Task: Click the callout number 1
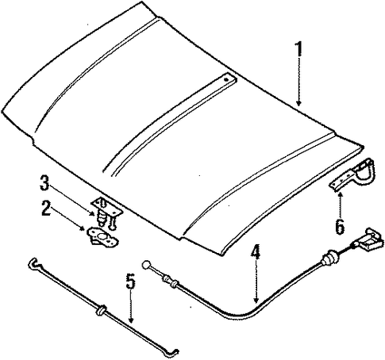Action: click(x=298, y=50)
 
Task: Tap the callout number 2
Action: click(x=46, y=208)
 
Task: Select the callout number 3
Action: click(x=44, y=183)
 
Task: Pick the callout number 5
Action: click(x=130, y=281)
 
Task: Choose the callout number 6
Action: click(x=340, y=227)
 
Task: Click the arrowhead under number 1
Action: click(x=298, y=103)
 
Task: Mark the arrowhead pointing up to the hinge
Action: click(x=340, y=195)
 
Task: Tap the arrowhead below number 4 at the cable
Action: click(x=256, y=300)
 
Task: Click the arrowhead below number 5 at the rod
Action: click(x=131, y=320)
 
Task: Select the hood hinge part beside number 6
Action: click(x=352, y=174)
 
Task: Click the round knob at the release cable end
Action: click(x=146, y=265)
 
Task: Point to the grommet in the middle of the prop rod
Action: click(x=102, y=310)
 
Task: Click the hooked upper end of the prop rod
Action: click(x=33, y=263)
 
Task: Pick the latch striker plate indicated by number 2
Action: click(x=102, y=237)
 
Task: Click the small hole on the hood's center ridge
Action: click(x=225, y=79)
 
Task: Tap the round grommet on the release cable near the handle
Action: click(x=329, y=258)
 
